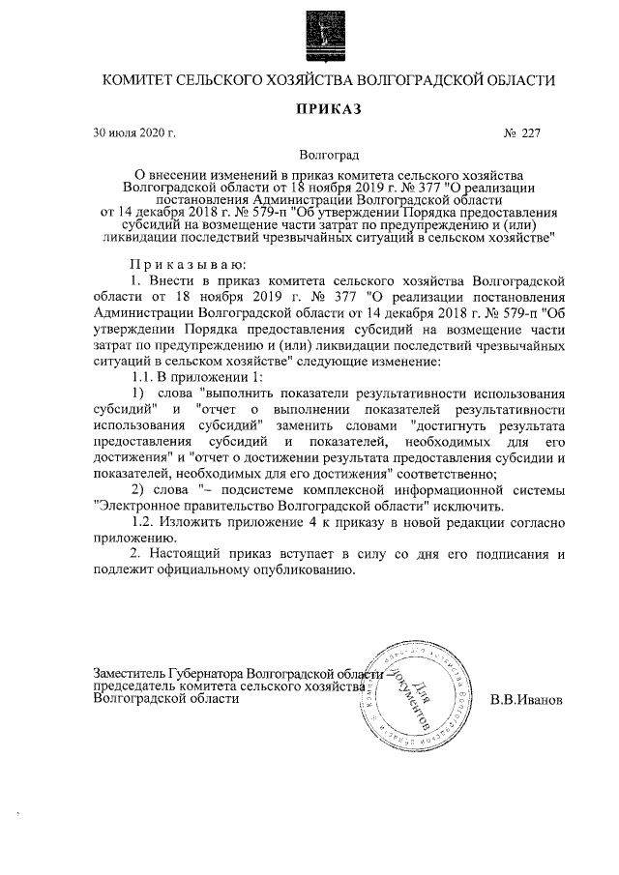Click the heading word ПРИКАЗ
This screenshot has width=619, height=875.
[x=328, y=109]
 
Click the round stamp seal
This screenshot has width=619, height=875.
[x=417, y=696]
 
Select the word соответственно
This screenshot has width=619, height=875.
[x=446, y=473]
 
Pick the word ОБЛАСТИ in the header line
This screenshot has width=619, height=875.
[x=519, y=79]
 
